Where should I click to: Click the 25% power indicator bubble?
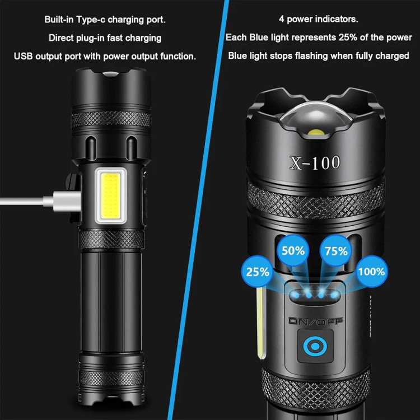click(258, 272)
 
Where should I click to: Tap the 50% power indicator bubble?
click(293, 250)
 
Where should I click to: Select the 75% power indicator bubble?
click(336, 251)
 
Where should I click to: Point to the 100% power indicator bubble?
click(371, 272)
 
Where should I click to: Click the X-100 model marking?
click(315, 162)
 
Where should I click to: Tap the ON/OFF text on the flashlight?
click(315, 321)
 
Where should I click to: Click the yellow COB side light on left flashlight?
click(111, 195)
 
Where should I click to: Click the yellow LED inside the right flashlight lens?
click(316, 132)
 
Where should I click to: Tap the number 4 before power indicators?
click(281, 19)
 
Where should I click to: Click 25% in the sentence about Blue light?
click(348, 37)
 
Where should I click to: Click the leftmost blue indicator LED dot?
click(296, 295)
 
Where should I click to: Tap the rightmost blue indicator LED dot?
click(334, 295)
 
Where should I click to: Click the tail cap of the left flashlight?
click(111, 379)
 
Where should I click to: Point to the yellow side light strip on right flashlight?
click(260, 323)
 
